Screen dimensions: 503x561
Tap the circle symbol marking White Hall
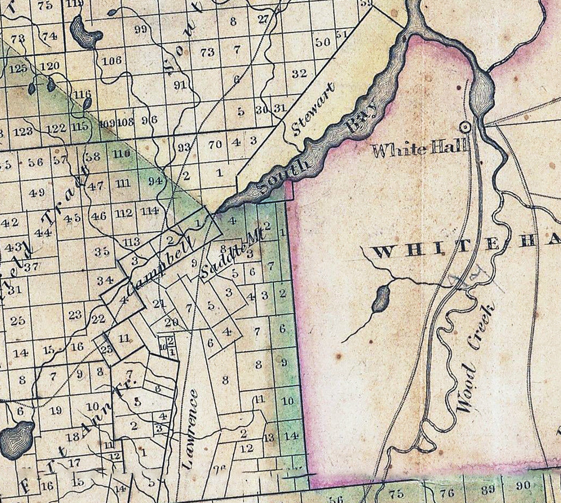pyautogui.click(x=465, y=127)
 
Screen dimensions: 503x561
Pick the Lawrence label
pyautogui.click(x=190, y=430)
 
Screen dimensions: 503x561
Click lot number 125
pyautogui.click(x=18, y=69)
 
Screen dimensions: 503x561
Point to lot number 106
pyautogui.click(x=112, y=61)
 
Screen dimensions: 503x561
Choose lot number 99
pyautogui.click(x=140, y=29)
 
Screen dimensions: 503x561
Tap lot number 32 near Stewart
pyautogui.click(x=299, y=73)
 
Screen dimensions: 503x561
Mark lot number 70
pyautogui.click(x=215, y=145)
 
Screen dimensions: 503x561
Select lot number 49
pyautogui.click(x=37, y=192)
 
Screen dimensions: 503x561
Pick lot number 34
pyautogui.click(x=105, y=281)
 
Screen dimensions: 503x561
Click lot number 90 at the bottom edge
pyautogui.click(x=523, y=486)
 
